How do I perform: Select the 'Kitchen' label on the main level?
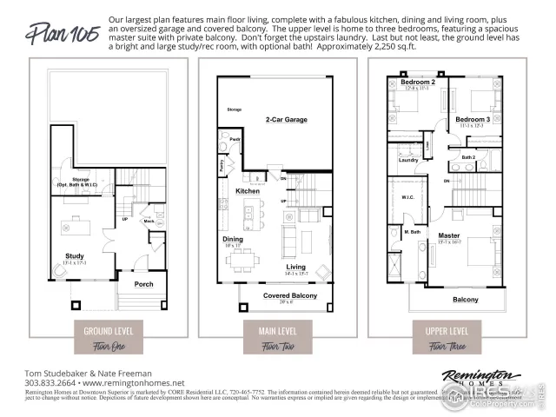248,191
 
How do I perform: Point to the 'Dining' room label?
233,239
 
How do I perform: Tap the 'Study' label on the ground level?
74,255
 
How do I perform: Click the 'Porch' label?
143,284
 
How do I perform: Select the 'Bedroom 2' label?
418,83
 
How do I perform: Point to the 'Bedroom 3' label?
473,119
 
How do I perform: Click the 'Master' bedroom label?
449,235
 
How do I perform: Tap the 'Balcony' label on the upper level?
465,300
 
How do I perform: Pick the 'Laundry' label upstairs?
408,160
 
